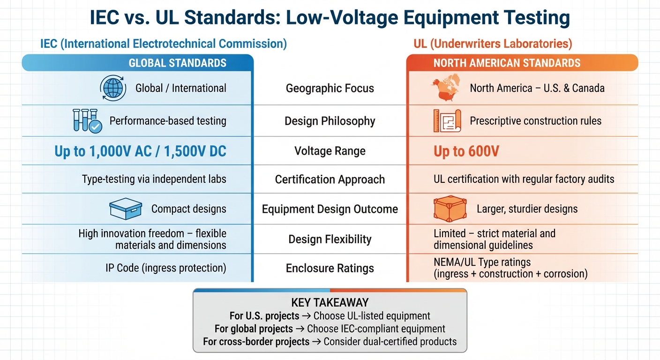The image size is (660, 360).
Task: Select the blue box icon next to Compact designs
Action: [x=125, y=209]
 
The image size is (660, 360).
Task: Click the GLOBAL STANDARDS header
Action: [x=177, y=63]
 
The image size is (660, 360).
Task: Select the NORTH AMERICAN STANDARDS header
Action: [x=507, y=63]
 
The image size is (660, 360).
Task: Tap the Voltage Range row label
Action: [x=330, y=151]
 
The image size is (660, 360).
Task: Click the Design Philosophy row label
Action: [x=330, y=121]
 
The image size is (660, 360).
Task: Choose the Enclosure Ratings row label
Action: [x=330, y=268]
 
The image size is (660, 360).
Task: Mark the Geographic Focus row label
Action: [x=330, y=88]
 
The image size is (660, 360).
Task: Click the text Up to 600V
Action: [x=466, y=151]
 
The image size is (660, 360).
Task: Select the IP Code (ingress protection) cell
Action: [x=165, y=268]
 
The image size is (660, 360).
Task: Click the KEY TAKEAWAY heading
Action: [x=330, y=302]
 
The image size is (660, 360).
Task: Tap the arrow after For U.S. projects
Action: [x=306, y=316]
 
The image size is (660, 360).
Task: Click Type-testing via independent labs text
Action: [x=154, y=179]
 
